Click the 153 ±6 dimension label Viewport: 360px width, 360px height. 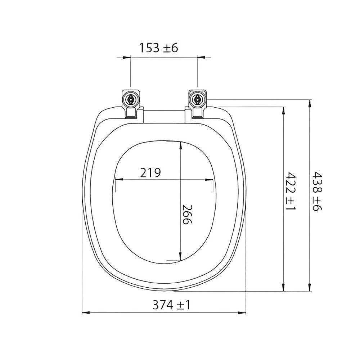(x=159, y=48)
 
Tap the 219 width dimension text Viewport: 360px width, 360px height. (x=150, y=173)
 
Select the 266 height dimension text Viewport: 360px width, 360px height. (x=186, y=214)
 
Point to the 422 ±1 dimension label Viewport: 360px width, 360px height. (x=290, y=191)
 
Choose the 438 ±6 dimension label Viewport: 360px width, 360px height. (x=317, y=191)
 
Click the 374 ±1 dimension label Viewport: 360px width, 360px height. (x=171, y=305)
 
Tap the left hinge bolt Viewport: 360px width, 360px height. (x=130, y=99)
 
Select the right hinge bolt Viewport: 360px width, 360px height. (x=197, y=99)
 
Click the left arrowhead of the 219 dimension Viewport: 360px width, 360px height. (x=119, y=180)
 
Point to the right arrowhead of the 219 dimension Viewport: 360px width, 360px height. (x=209, y=180)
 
